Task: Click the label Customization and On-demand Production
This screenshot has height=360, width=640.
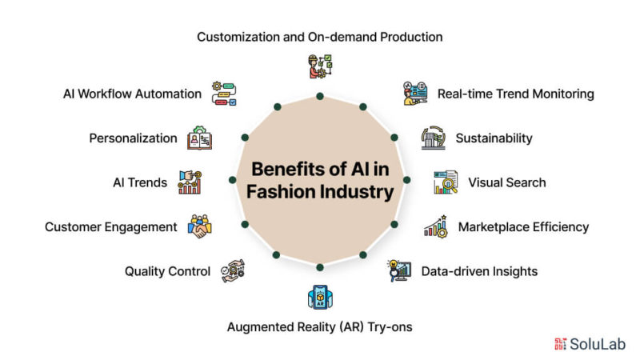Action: coord(320,37)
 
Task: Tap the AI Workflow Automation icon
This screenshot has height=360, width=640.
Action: coord(224,93)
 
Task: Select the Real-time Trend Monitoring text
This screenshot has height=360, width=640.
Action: coord(515,94)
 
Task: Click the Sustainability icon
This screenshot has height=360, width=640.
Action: coord(433,138)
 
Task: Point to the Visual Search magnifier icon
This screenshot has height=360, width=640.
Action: coord(445,182)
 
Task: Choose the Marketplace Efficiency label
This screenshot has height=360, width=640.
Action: coord(523,226)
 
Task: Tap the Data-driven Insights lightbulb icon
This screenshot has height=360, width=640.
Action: coord(398,270)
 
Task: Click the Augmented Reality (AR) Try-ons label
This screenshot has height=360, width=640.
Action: coord(320,326)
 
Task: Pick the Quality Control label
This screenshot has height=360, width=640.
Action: coord(167,271)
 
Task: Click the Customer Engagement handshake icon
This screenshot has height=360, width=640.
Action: coord(199,226)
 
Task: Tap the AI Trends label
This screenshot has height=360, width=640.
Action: coord(140,182)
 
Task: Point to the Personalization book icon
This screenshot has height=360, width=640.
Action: coord(199,138)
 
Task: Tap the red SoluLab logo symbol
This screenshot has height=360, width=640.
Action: coord(560,343)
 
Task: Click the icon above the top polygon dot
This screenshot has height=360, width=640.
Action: coord(319,66)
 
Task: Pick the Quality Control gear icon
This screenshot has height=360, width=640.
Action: coord(233,270)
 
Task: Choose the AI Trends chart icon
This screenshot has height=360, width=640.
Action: coord(190,182)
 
